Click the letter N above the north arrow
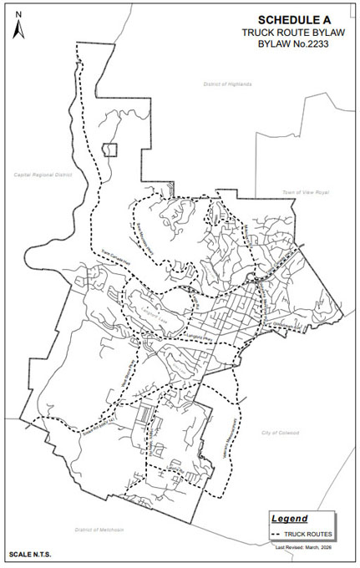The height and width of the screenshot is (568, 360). click(x=18, y=13)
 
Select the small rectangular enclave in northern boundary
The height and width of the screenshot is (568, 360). click(x=109, y=150)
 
